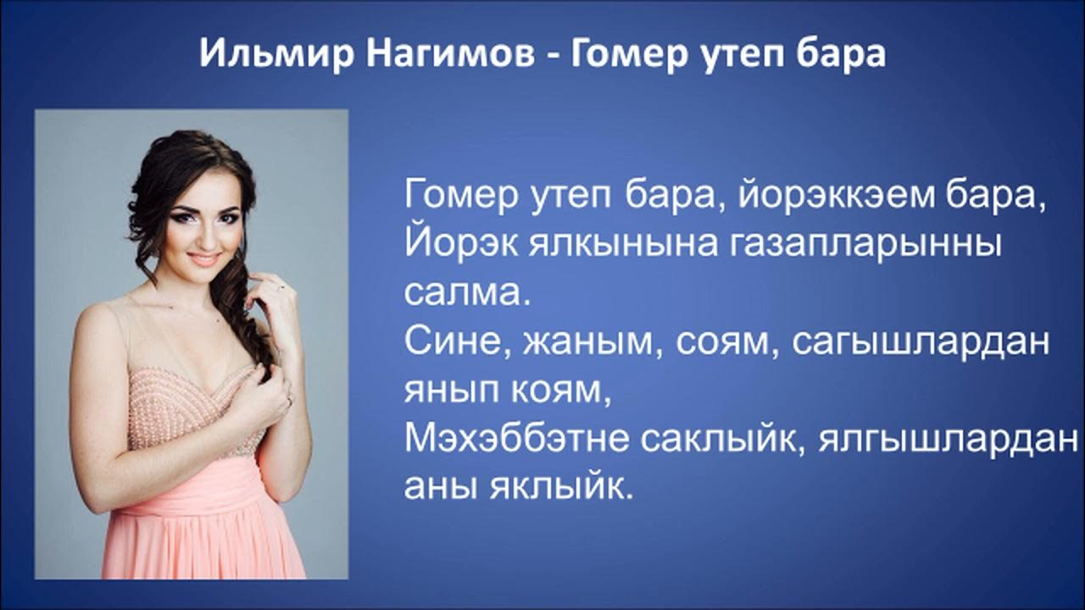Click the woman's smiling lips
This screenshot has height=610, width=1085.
tap(204, 258)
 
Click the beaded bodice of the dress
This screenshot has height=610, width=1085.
tap(191, 407)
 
